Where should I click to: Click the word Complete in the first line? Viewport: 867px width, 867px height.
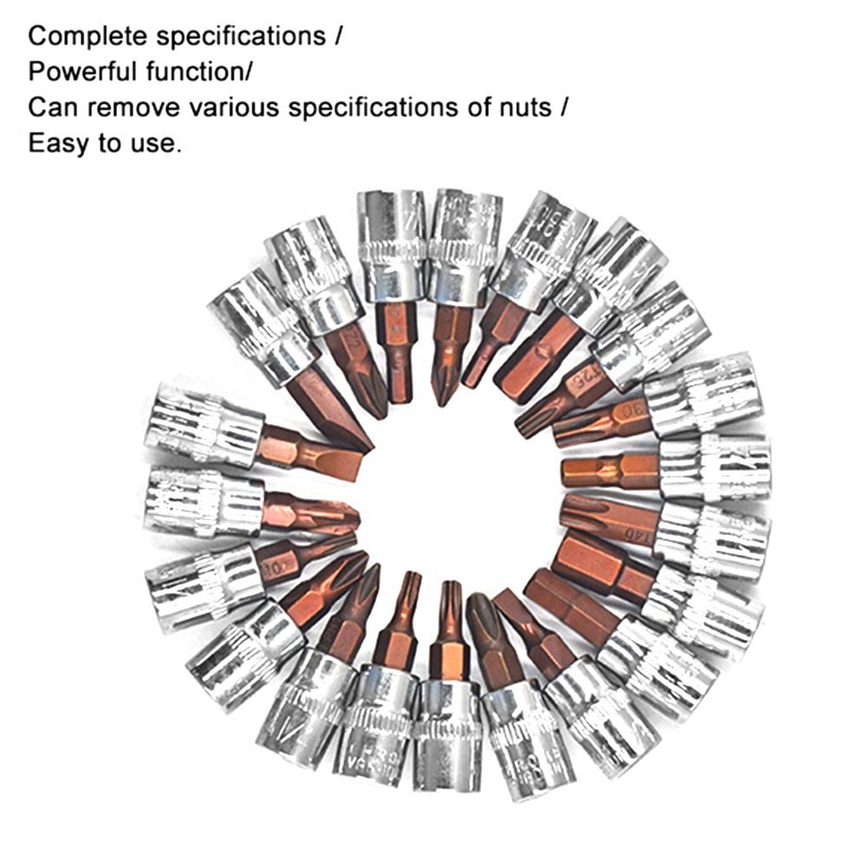coord(81,37)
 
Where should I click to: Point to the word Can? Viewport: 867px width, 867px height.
coord(49,108)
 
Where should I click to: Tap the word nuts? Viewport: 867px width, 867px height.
coord(523,108)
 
